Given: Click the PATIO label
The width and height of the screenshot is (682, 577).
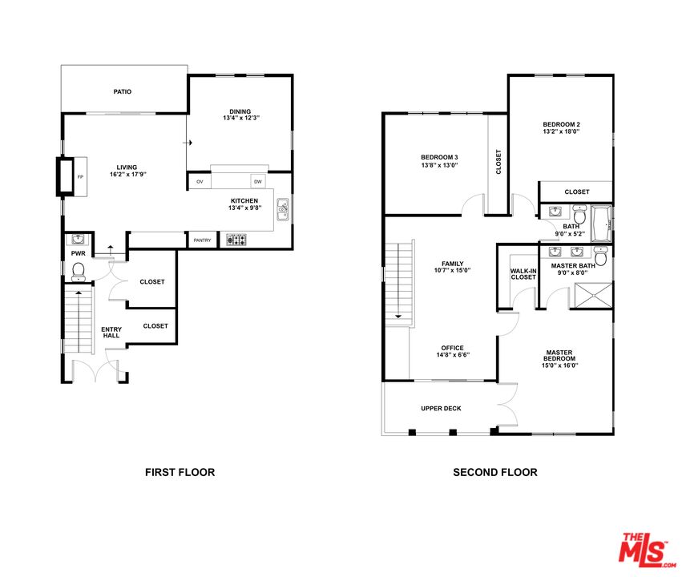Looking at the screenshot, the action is click(123, 91).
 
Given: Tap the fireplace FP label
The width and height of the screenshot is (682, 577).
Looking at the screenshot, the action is click(80, 177).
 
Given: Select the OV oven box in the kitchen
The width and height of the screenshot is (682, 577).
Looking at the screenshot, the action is click(200, 181).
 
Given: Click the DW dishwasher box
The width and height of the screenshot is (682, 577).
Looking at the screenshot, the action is click(258, 181).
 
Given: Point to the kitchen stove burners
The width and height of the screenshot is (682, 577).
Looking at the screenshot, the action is click(236, 240).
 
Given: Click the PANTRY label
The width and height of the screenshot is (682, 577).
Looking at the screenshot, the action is click(202, 240).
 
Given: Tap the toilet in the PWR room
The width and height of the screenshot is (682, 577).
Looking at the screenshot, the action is click(79, 272).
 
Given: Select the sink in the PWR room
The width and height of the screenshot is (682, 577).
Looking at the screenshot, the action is click(79, 239).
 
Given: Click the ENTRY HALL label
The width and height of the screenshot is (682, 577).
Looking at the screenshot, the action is click(111, 333).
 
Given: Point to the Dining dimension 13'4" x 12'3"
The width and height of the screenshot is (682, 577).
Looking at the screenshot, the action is click(241, 118).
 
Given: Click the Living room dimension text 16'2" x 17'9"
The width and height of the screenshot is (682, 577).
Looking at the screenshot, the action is click(128, 175).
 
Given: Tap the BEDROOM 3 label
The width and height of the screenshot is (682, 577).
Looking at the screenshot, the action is click(439, 157).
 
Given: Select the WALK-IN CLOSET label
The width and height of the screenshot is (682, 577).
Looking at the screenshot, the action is click(523, 274).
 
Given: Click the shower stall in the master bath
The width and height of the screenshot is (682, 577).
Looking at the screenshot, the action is click(593, 296).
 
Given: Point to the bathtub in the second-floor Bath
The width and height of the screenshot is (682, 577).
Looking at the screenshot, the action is click(602, 224).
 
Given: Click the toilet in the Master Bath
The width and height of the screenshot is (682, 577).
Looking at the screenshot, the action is click(601, 256).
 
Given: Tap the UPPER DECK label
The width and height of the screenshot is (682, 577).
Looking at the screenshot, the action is click(441, 408).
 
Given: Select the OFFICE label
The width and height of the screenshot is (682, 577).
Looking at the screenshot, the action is click(452, 348).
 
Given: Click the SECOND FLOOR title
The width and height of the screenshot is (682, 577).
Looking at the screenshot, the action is click(495, 472).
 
